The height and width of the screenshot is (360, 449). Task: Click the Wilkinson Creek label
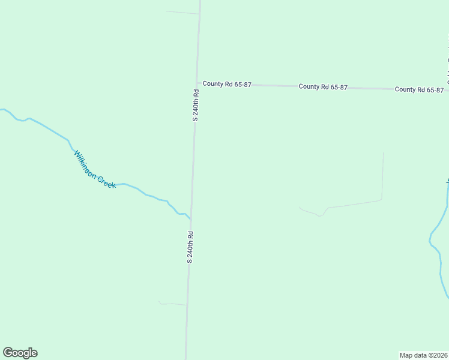95,170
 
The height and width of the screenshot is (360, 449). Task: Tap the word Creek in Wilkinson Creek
106,179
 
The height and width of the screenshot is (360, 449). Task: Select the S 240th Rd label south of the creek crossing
190,247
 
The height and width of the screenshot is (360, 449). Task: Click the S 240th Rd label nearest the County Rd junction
195,106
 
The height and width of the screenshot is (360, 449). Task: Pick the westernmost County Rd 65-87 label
226,84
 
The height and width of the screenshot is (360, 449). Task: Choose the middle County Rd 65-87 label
323,87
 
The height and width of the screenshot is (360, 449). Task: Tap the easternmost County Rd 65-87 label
419,89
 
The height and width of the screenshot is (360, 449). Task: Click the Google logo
20,353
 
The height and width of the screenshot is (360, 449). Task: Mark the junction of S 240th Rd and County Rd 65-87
197,83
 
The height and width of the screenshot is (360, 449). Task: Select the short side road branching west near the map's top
182,12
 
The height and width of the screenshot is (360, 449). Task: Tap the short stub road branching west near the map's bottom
173,304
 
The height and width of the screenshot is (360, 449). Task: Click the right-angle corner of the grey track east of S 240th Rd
382,199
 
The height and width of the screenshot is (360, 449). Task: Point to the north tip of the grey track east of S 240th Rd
383,154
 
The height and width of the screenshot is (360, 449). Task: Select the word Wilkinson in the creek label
85,161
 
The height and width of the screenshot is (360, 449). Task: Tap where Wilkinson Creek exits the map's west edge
2,109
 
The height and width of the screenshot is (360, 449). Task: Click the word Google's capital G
8,353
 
